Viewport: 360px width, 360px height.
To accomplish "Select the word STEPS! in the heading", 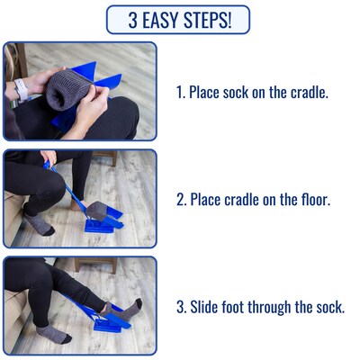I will point(211,20).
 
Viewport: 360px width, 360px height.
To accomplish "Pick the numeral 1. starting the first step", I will point(179,92).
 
